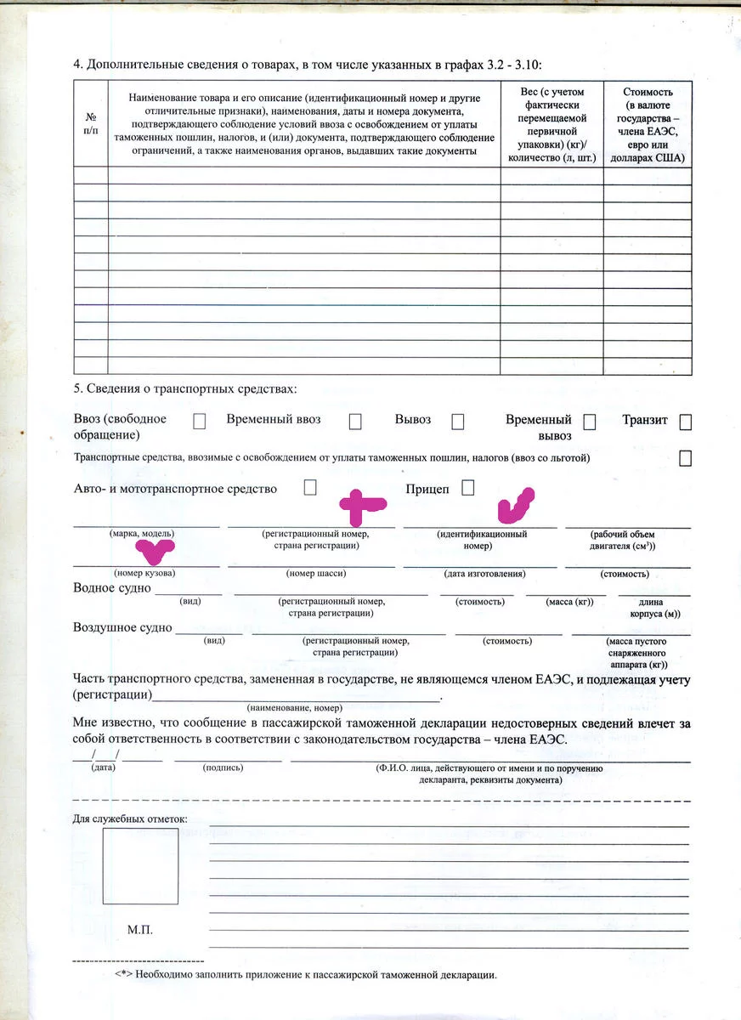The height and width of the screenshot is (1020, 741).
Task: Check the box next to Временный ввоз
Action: tap(355, 422)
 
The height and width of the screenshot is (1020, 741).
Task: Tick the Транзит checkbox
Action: tap(686, 422)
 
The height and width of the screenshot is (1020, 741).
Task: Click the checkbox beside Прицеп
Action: tap(467, 488)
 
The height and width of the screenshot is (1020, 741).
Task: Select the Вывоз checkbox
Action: tap(458, 422)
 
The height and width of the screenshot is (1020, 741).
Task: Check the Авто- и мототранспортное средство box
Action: tap(310, 488)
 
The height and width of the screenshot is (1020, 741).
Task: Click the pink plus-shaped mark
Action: tap(361, 506)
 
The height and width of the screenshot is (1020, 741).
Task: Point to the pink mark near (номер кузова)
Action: tap(156, 552)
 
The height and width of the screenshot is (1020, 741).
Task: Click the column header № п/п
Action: tap(91, 123)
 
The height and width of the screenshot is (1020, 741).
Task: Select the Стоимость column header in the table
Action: tap(648, 124)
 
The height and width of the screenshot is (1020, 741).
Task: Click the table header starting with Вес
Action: tap(552, 124)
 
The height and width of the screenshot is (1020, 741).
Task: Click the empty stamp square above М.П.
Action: tap(140, 865)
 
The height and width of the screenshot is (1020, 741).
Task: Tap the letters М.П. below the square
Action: tap(141, 931)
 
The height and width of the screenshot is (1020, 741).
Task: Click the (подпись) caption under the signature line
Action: tap(223, 768)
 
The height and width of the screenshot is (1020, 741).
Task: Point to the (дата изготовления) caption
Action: tap(480, 574)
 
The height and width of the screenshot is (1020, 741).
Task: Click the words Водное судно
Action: tap(112, 588)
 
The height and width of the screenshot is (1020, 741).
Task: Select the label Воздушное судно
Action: tap(122, 628)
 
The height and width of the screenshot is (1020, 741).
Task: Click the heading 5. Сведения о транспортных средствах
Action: tap(185, 389)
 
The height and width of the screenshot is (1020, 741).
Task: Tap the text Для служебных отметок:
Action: tap(130, 819)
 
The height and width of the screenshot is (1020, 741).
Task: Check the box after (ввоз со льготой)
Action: tap(685, 458)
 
